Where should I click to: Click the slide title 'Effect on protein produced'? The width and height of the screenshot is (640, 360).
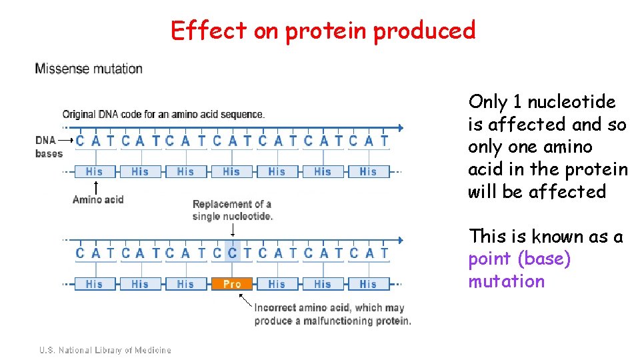point(323,30)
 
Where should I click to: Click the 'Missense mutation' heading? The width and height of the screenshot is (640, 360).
point(89,68)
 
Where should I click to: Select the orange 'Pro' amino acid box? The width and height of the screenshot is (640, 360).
point(231,284)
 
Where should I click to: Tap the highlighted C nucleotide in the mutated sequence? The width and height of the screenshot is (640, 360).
point(232,253)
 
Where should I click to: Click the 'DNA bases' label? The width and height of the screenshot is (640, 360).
point(49,147)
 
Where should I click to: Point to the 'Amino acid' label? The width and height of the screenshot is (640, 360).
point(98,199)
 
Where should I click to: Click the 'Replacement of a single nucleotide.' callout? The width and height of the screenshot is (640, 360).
point(232,210)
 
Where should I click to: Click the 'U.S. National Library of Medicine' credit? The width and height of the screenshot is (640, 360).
point(105,350)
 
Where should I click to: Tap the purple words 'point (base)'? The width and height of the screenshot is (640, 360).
point(519,259)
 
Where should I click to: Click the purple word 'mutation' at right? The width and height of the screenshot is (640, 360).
point(506,281)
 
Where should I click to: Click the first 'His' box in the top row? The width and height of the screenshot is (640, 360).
point(95,171)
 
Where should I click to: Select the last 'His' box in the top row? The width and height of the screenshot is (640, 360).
point(368,171)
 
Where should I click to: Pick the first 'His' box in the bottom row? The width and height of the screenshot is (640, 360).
point(95,284)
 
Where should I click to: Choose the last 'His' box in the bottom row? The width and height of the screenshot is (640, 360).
point(368,284)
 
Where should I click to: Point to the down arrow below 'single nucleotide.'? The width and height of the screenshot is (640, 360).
point(232,230)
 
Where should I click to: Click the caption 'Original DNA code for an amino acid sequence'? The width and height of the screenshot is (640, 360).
point(163,114)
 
